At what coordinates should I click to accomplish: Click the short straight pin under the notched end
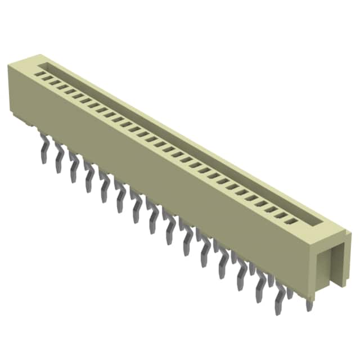click(308, 304)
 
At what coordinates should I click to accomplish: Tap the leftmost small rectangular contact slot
click(39, 73)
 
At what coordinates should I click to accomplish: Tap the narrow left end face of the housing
click(17, 90)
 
